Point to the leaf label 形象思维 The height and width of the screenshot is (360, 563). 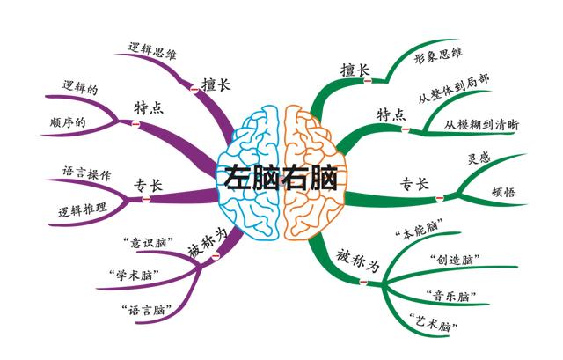click(x=437, y=55)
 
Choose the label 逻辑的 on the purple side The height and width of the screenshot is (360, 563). click(x=80, y=88)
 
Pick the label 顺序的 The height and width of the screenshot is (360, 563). click(x=68, y=121)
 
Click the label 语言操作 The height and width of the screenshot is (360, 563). click(x=86, y=173)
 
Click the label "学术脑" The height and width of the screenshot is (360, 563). click(x=128, y=274)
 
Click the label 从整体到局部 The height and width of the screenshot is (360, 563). click(x=455, y=85)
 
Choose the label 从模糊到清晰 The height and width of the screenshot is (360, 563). click(x=481, y=125)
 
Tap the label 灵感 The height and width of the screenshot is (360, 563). click(x=480, y=160)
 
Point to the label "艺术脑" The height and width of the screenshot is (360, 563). click(x=435, y=324)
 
